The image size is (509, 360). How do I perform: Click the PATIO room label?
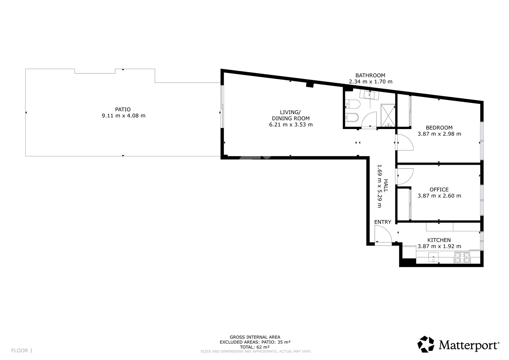pyautogui.click(x=123, y=109)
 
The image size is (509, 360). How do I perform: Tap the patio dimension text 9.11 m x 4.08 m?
pyautogui.click(x=123, y=116)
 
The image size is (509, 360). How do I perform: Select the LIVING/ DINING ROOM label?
pyautogui.click(x=290, y=115)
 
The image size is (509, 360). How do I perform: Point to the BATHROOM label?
pyautogui.click(x=370, y=75)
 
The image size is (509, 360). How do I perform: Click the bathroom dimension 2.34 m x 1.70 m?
pyautogui.click(x=371, y=82)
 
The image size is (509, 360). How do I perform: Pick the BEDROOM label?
pyautogui.click(x=439, y=128)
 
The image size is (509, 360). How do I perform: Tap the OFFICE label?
pyautogui.click(x=439, y=190)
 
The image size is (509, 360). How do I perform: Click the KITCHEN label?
pyautogui.click(x=439, y=240)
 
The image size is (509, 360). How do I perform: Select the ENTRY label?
pyautogui.click(x=383, y=222)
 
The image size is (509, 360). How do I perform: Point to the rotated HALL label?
pyautogui.click(x=386, y=186)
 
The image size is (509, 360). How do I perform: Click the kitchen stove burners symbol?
pyautogui.click(x=462, y=257)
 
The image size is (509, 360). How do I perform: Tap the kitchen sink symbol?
pyautogui.click(x=433, y=257)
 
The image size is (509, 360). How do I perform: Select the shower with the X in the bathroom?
pyautogui.click(x=388, y=115)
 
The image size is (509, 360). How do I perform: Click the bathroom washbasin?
pyautogui.click(x=370, y=95)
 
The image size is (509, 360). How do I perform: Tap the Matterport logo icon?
pyautogui.click(x=426, y=344)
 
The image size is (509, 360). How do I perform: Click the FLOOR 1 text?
pyautogui.click(x=22, y=351)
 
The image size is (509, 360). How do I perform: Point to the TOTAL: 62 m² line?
pyautogui.click(x=255, y=347)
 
